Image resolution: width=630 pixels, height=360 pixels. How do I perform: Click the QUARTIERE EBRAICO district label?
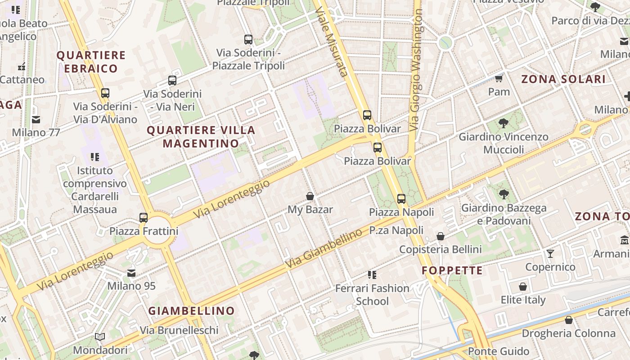[91, 62]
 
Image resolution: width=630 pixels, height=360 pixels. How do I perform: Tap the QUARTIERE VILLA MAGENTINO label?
[201, 137]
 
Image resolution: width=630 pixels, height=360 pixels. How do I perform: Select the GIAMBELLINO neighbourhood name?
[192, 310]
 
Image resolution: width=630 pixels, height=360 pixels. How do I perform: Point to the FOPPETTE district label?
[452, 270]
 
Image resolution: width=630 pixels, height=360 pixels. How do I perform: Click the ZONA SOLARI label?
[563, 79]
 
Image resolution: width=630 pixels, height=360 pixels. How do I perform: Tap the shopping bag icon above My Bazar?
[310, 196]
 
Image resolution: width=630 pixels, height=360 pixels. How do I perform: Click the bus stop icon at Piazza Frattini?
[144, 218]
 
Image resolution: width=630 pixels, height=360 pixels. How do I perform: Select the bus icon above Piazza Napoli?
[401, 198]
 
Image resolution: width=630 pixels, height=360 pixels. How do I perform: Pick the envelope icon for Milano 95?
[131, 273]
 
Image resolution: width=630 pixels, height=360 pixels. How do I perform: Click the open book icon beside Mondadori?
[100, 337]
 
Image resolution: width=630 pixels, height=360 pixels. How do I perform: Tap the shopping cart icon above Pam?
[499, 79]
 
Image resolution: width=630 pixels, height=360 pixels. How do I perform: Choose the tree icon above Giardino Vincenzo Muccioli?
[504, 123]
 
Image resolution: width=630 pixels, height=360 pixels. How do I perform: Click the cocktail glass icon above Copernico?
[550, 254]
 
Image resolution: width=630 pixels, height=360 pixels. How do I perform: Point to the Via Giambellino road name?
[324, 249]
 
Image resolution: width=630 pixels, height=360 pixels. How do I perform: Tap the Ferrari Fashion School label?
[372, 294]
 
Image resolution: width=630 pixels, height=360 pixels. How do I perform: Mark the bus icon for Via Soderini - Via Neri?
[172, 81]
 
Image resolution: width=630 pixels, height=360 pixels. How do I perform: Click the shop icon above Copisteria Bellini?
[441, 236]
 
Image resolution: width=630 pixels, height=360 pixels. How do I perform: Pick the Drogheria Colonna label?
[568, 333]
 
